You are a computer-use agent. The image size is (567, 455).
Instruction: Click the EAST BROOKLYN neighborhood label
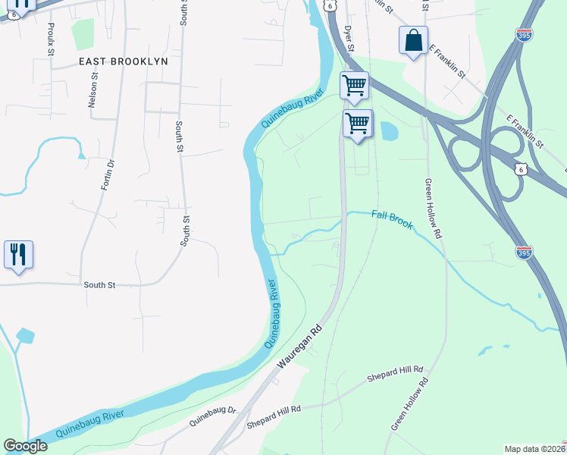124,61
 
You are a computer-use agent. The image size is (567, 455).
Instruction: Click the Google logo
25,446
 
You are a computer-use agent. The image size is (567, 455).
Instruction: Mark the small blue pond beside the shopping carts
388,131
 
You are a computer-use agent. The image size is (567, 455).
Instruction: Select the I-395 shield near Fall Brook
524,252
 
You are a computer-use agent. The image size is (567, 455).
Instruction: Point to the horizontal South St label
99,285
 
